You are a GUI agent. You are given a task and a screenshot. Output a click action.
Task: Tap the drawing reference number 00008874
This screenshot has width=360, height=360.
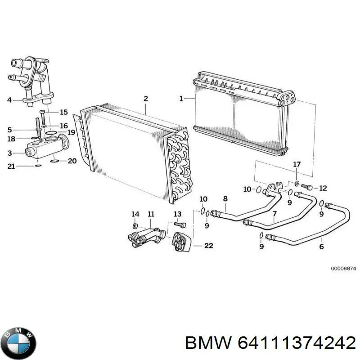[343, 268]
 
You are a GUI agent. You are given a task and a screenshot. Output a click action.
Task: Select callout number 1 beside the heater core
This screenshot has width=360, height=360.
[181, 98]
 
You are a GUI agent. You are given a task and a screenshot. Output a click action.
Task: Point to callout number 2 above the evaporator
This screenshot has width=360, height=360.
[145, 98]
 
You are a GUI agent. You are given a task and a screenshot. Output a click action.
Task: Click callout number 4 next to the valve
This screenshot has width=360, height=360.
[9, 100]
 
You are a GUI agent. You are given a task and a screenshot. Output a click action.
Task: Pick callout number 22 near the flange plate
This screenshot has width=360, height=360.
[208, 246]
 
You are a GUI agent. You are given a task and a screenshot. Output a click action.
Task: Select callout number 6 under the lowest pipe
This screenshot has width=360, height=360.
[322, 247]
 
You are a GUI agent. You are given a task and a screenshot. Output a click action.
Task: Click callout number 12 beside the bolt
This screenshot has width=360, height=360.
[323, 188]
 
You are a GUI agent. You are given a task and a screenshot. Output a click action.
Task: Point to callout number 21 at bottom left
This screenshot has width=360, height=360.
[11, 166]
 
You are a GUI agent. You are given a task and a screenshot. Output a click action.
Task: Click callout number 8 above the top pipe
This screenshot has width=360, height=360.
[225, 198]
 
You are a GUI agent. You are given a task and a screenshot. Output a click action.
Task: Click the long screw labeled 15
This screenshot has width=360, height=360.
[43, 118]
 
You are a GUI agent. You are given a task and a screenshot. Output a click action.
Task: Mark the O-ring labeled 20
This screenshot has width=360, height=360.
[54, 160]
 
